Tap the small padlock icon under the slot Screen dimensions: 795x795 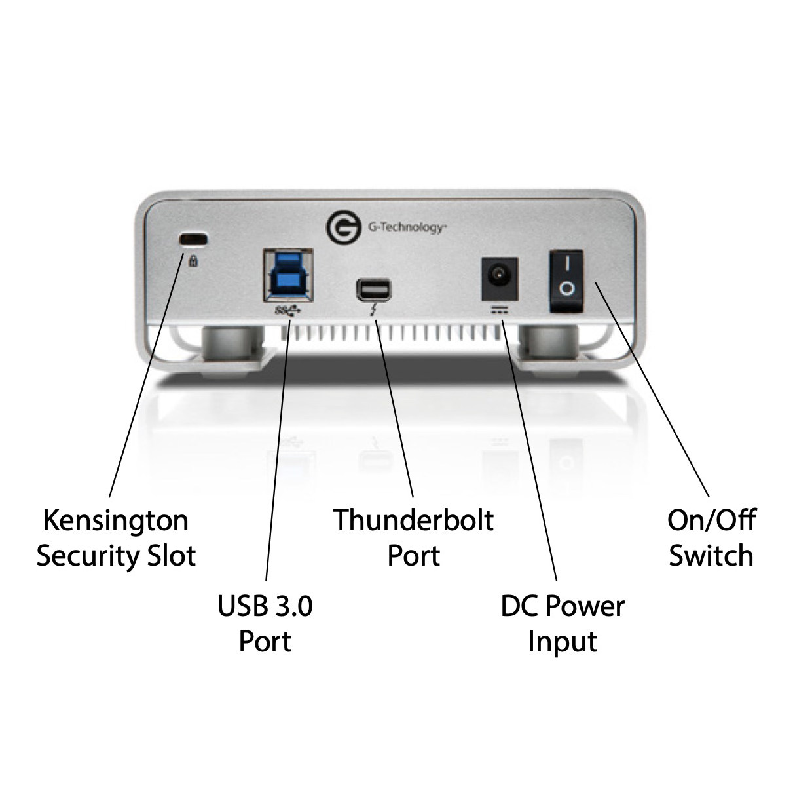coord(193,261)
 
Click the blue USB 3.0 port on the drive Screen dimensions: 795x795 coord(287,273)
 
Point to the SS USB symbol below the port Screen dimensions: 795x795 coord(287,309)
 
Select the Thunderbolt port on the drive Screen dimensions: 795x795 coord(373,289)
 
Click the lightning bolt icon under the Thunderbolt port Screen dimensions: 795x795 coord(374,309)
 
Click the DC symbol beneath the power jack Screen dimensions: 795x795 coord(499,309)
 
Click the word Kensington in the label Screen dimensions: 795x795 coord(115,520)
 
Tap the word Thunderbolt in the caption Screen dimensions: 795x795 coord(413,520)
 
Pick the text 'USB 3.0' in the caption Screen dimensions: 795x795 coord(265,606)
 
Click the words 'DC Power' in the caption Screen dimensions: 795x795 coord(563,606)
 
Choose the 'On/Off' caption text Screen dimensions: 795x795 coord(711,520)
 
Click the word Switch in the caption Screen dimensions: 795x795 coord(711,556)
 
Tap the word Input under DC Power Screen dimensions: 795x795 coord(563,642)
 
